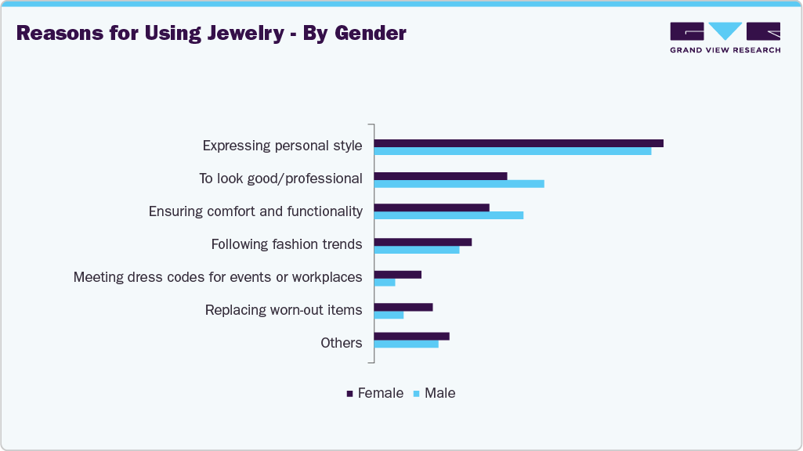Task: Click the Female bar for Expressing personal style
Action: [x=519, y=143]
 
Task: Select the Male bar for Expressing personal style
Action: [x=512, y=151]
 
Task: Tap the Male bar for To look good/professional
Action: [x=459, y=184]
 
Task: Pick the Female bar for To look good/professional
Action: [x=440, y=176]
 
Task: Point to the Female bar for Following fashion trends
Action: [x=423, y=242]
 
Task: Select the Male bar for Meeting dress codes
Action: [x=385, y=283]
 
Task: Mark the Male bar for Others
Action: [x=407, y=344]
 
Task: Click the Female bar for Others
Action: [x=412, y=336]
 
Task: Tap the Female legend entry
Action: [x=380, y=393]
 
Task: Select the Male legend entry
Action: [x=439, y=393]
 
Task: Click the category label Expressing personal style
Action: [x=282, y=146]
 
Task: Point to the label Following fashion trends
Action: [x=287, y=244]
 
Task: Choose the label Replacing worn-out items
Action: [x=284, y=310]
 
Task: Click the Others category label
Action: [x=342, y=343]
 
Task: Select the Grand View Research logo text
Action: [x=725, y=50]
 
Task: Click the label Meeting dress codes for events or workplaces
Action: [x=218, y=277]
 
